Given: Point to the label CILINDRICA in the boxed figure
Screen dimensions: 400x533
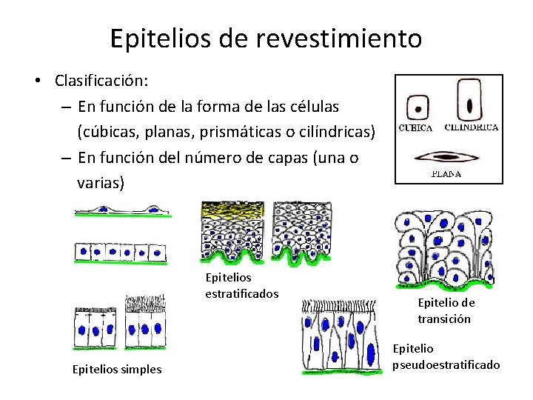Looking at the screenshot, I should (471, 127).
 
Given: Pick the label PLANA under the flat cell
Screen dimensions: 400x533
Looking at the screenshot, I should (446, 175).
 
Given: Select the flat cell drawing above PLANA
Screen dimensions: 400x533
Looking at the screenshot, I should (446, 156).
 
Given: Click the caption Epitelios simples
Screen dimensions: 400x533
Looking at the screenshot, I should (116, 369).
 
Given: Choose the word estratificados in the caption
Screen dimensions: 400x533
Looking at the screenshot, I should (241, 293).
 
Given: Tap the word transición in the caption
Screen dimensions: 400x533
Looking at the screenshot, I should (444, 319).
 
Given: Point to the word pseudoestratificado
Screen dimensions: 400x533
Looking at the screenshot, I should (446, 364).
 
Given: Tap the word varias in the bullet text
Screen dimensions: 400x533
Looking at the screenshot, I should (98, 182).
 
